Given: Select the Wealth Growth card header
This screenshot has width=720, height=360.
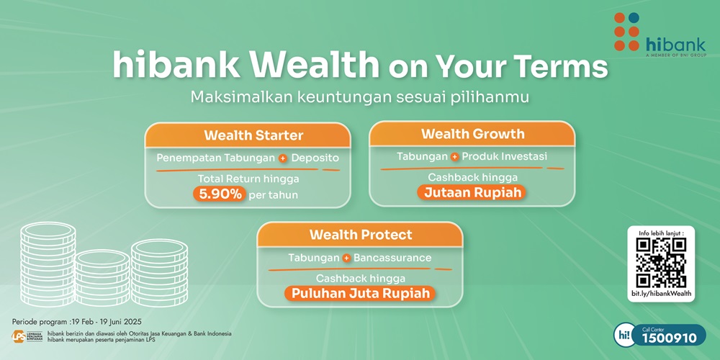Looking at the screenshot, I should [472, 134].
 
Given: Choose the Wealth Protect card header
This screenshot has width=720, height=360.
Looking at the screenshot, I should [361, 235].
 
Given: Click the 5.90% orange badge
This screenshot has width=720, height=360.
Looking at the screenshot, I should [220, 194].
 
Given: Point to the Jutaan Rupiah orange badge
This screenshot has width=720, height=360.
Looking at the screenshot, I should [472, 192].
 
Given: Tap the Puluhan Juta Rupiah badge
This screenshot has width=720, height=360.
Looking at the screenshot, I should [361, 293].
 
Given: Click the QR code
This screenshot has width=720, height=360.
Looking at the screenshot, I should [661, 263].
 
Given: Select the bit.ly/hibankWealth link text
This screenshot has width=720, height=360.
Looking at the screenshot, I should [661, 294].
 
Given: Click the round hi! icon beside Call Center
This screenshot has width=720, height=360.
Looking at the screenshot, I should [624, 335].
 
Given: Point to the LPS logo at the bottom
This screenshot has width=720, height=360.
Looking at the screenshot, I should [27, 337].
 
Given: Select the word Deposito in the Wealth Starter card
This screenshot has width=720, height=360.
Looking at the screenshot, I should [314, 157].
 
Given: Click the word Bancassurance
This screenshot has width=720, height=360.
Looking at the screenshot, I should [392, 258].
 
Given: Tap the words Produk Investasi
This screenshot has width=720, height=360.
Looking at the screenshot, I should [504, 156].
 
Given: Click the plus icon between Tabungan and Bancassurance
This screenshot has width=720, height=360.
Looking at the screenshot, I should [346, 258].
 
